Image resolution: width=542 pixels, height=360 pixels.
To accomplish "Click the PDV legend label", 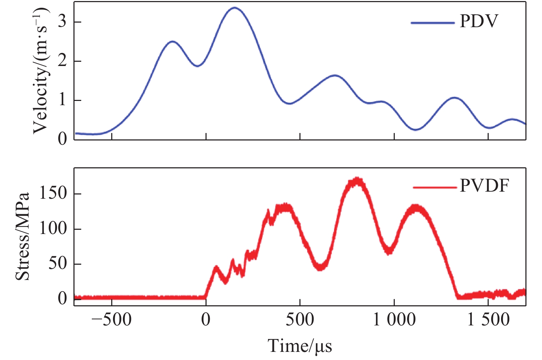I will (478, 22).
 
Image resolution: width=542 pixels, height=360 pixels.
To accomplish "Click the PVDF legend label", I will (484, 186).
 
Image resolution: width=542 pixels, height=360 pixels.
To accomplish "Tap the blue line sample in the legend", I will (433, 23).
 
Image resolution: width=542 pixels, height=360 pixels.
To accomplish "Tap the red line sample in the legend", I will (435, 187).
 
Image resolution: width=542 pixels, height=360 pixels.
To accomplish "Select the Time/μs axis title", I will (300, 346).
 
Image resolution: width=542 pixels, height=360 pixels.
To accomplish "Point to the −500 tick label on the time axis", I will (112, 320).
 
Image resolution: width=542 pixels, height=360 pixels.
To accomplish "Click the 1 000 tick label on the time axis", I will (394, 320).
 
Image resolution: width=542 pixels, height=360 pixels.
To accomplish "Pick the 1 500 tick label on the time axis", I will (488, 320).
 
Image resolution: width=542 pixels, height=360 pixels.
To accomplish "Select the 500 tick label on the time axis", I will (300, 320).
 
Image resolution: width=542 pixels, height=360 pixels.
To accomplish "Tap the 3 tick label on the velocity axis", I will (62, 22).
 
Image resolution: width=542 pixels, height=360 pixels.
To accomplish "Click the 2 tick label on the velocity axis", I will (62, 61).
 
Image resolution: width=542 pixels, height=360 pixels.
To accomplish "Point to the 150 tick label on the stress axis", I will (53, 194).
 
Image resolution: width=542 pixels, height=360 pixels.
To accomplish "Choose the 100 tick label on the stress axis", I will (53, 229).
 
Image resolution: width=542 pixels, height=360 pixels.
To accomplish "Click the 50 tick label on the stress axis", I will (57, 264).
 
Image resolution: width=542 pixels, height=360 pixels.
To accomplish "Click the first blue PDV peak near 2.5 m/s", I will (172, 41).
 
